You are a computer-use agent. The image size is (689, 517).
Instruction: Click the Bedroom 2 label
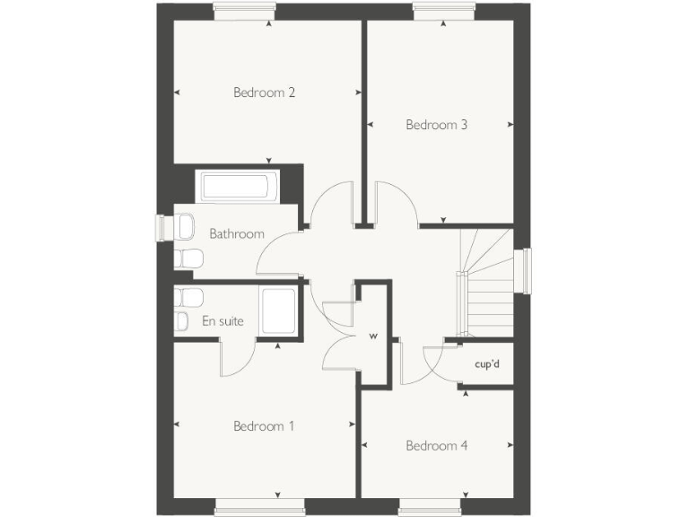(x=265, y=92)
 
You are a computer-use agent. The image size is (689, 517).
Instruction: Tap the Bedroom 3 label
(x=437, y=125)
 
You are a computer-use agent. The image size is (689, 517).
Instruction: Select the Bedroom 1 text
(x=264, y=426)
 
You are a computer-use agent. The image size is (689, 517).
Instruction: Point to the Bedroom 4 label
(x=437, y=445)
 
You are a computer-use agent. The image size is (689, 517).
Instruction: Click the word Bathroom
(x=237, y=233)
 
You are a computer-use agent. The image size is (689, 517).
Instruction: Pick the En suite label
(x=222, y=320)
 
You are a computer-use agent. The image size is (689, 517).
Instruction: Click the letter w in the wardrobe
(x=373, y=337)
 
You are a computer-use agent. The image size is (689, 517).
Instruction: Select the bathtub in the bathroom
(x=236, y=187)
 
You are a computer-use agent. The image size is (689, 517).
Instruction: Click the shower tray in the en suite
(x=278, y=311)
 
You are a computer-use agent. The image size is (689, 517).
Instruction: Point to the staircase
(x=487, y=283)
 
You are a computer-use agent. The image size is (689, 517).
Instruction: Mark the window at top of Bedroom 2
(x=245, y=12)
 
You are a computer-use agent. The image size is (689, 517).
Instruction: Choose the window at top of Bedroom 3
(x=444, y=12)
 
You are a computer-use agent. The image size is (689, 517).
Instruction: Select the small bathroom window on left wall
(x=161, y=228)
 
